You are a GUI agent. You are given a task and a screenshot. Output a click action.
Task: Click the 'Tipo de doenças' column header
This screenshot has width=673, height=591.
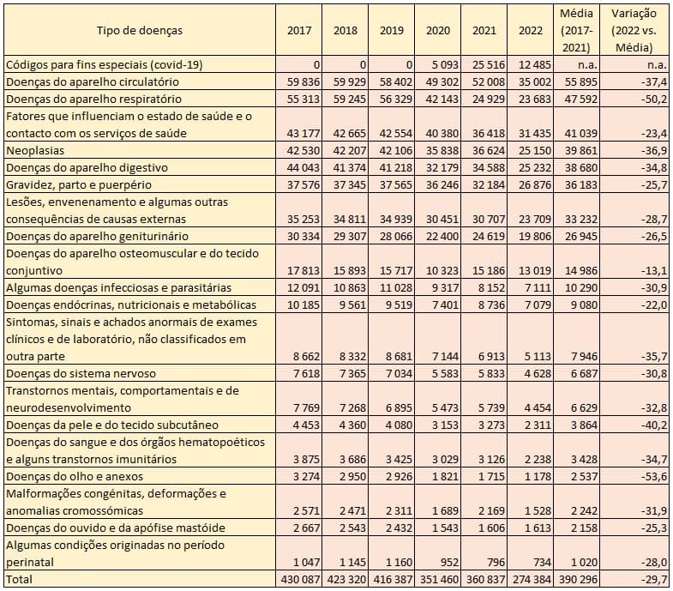pyautogui.click(x=139, y=31)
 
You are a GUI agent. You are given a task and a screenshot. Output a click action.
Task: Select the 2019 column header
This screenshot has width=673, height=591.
pyautogui.click(x=391, y=31)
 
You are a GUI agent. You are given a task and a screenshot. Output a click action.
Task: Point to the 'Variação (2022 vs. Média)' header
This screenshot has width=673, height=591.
pyautogui.click(x=634, y=31)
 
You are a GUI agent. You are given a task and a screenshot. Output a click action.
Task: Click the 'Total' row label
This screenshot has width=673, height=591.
pyautogui.click(x=20, y=579)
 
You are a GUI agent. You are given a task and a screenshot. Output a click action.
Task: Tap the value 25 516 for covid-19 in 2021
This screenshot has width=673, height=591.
pyautogui.click(x=483, y=64)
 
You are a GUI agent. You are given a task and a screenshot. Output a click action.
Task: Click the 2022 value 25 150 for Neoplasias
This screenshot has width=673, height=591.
pyautogui.click(x=530, y=150)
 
